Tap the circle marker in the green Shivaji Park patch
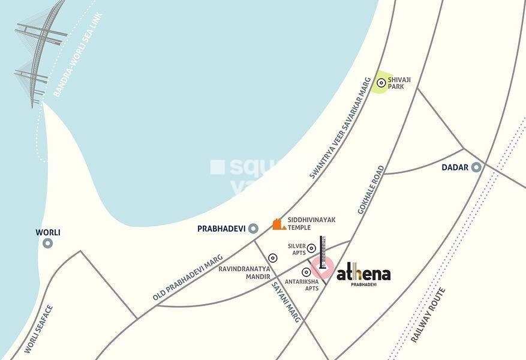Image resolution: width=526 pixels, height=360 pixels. click(x=381, y=82)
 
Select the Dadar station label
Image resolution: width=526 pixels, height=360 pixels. click(x=455, y=167)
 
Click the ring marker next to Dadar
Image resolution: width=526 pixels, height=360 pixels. click(x=476, y=167)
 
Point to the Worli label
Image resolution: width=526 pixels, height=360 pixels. click(x=48, y=232)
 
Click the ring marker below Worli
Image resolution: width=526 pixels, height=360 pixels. click(x=48, y=243)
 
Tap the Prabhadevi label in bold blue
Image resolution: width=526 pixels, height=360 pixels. click(x=222, y=228)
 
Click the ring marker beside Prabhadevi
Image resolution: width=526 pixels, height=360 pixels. click(x=253, y=228)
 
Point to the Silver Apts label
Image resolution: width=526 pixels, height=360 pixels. click(x=297, y=249)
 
